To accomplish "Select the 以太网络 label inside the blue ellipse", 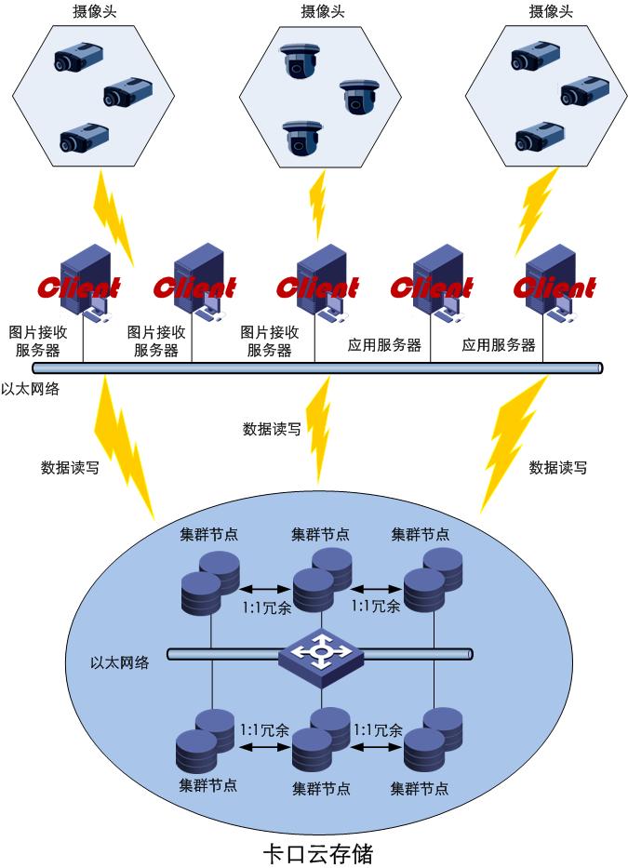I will click(x=119, y=663).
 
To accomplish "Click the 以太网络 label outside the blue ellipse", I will click(x=30, y=389).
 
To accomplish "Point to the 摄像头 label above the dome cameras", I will click(x=321, y=12).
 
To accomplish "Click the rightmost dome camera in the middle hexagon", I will click(x=360, y=96).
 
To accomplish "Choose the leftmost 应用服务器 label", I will click(x=384, y=345).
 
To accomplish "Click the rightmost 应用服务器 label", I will click(x=499, y=345).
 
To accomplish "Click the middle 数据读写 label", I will click(x=271, y=429).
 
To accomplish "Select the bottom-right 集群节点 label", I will click(x=420, y=788).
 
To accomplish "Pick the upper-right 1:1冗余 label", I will click(x=376, y=606).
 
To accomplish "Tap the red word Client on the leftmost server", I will click(x=79, y=287).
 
